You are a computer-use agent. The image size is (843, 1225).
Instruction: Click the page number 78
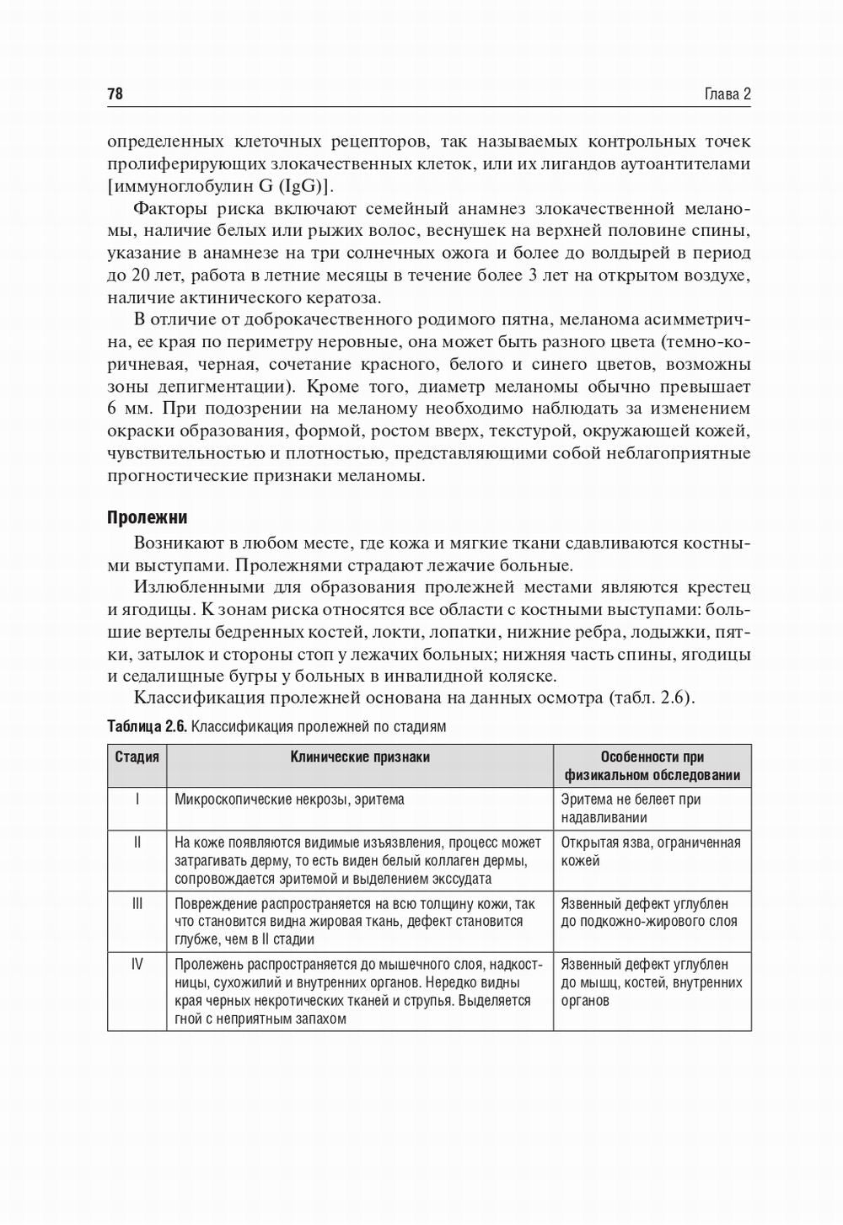tap(115, 94)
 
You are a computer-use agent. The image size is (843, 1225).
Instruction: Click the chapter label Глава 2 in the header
tap(727, 94)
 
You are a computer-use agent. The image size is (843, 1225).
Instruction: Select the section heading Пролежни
tap(147, 517)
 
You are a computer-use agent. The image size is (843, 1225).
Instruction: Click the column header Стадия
tap(137, 757)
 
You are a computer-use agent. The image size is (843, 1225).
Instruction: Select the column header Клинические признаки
tap(360, 757)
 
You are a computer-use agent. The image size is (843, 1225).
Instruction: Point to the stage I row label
tap(137, 799)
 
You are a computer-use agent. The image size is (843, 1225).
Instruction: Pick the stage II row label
tap(137, 842)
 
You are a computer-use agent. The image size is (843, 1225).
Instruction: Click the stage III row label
tap(137, 903)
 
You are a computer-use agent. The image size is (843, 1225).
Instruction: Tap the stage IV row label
tap(137, 964)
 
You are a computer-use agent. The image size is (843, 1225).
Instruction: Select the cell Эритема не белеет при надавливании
tap(631, 808)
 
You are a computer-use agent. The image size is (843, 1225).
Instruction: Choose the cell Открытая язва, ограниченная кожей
tap(650, 851)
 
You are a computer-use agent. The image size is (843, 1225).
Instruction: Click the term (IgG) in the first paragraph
tap(300, 185)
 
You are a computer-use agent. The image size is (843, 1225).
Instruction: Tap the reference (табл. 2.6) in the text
tap(650, 698)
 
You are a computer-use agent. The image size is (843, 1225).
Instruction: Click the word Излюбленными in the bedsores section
tap(196, 587)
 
